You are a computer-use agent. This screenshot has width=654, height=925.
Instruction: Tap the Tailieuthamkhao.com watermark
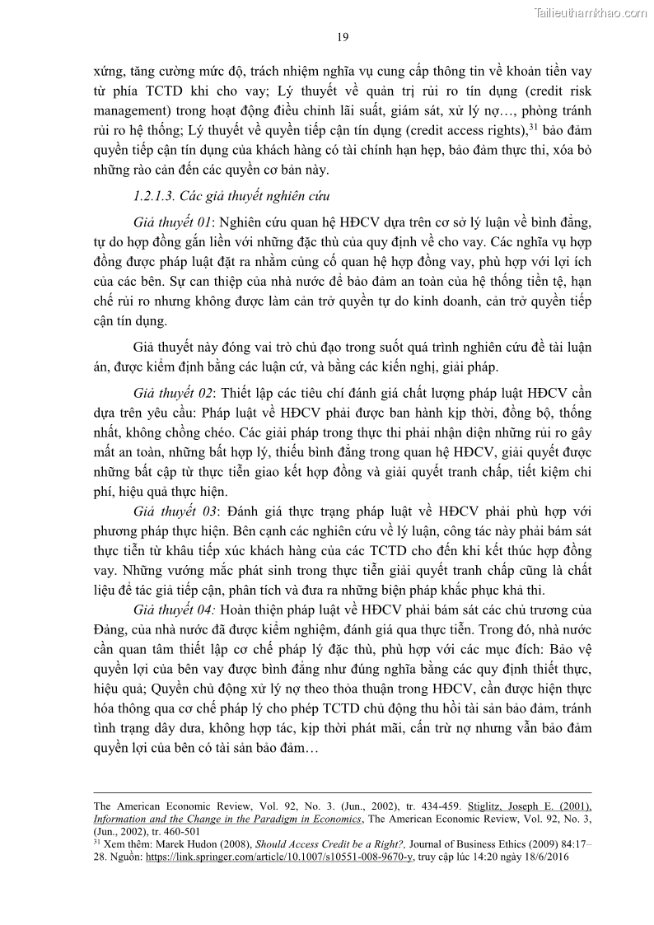coord(591,12)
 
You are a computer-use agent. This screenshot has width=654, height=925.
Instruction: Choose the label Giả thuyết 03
coord(172,511)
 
